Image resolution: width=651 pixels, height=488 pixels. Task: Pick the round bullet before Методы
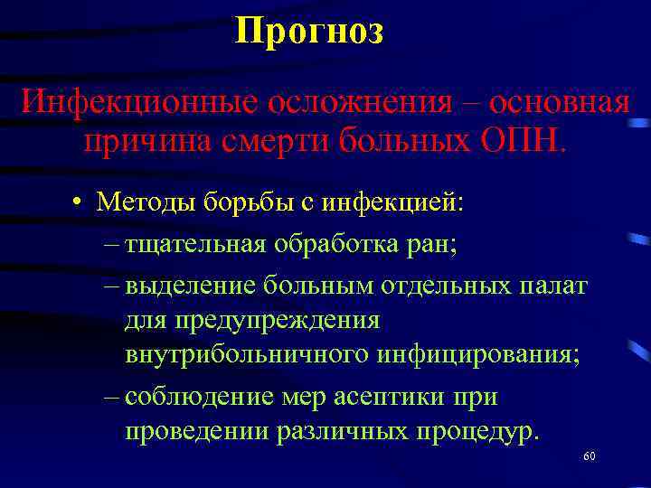[x=80, y=202]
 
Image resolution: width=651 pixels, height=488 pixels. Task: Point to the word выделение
[x=192, y=286]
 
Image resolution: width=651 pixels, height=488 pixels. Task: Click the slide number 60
[x=589, y=457]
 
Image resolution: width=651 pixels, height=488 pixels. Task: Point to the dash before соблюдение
[x=111, y=398]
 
